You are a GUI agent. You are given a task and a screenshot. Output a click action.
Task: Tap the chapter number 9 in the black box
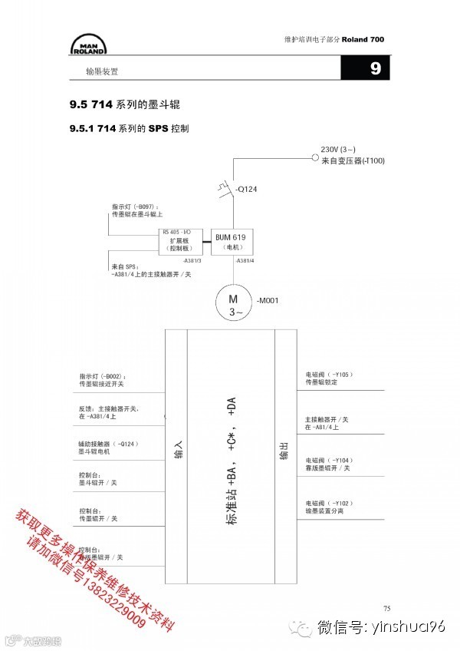(375, 69)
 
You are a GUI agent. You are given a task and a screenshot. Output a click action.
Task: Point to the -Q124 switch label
(247, 188)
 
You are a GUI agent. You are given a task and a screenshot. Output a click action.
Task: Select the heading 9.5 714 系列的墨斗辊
(128, 104)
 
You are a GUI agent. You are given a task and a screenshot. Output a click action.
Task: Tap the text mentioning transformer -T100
(353, 160)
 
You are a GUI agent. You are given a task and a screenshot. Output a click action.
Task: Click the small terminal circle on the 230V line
(314, 157)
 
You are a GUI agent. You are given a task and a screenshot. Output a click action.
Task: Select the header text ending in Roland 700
(333, 39)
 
